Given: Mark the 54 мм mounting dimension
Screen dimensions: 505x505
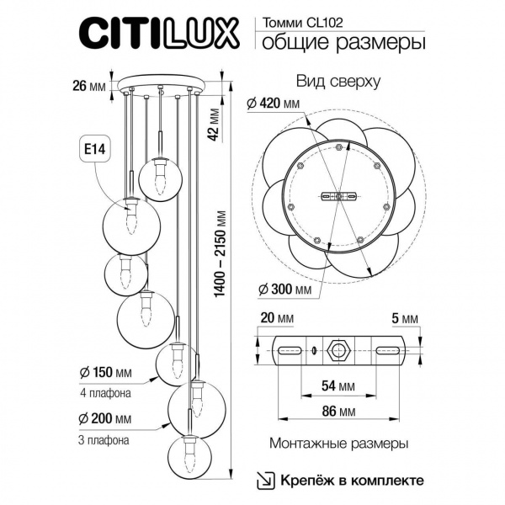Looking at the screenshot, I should (338, 385).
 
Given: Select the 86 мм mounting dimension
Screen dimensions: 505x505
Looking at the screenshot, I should (338, 412).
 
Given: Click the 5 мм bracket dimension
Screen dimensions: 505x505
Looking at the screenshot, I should (405, 318).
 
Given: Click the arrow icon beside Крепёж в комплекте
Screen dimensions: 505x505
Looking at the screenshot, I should (265, 480).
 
